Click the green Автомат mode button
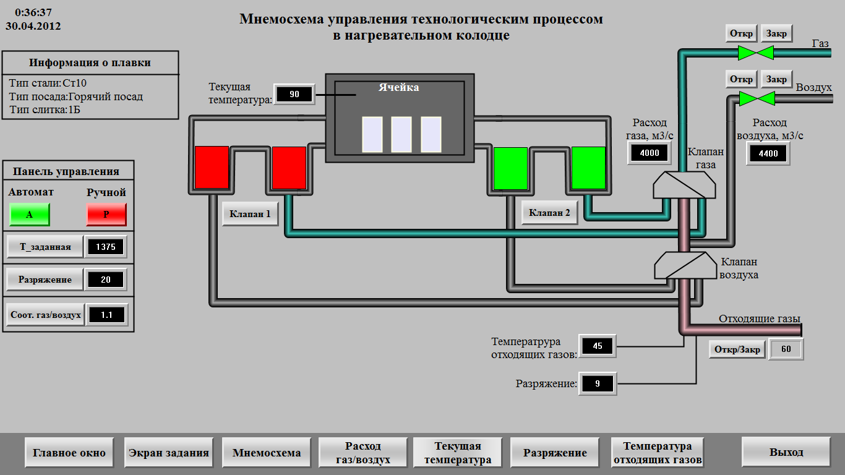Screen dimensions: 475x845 (x=30, y=215)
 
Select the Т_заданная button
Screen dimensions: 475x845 (x=45, y=247)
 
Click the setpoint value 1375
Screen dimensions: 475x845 (x=106, y=247)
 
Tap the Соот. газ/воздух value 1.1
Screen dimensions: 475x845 (x=106, y=315)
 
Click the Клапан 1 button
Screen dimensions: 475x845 (x=250, y=214)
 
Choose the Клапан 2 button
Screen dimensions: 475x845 (x=549, y=213)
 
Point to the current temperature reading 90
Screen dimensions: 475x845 (x=294, y=95)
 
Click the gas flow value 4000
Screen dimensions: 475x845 (x=649, y=153)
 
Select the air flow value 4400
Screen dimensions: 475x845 (x=768, y=153)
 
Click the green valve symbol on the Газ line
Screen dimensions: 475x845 (x=756, y=53)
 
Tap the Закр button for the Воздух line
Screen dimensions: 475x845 (x=776, y=79)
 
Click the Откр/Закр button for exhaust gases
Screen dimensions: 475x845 (x=737, y=349)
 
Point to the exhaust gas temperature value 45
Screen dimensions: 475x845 (x=598, y=346)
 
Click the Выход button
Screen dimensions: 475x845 (x=786, y=452)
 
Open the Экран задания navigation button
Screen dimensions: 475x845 (x=168, y=452)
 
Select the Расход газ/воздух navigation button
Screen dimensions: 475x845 (x=362, y=452)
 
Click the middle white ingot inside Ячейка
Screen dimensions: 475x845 (x=401, y=134)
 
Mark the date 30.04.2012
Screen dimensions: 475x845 (x=33, y=26)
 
